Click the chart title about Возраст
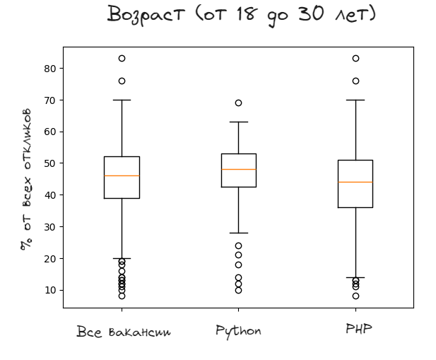click(241, 14)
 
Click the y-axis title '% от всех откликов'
click(26, 179)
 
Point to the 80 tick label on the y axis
click(49, 69)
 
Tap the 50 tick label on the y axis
click(49, 163)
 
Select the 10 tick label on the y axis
click(49, 290)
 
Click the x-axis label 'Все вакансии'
click(123, 332)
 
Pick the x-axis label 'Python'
click(238, 331)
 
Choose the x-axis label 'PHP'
click(358, 329)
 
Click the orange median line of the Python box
click(238, 170)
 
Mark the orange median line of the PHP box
click(355, 182)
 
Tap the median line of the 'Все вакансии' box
click(122, 176)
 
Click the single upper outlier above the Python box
click(238, 103)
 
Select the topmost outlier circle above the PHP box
click(355, 59)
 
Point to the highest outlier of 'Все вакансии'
click(122, 59)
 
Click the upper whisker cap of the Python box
click(238, 122)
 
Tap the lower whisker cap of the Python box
click(238, 233)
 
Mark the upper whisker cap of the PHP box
click(355, 100)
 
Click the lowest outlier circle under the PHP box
click(355, 296)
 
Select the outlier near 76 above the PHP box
click(355, 81)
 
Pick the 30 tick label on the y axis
click(49, 227)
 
